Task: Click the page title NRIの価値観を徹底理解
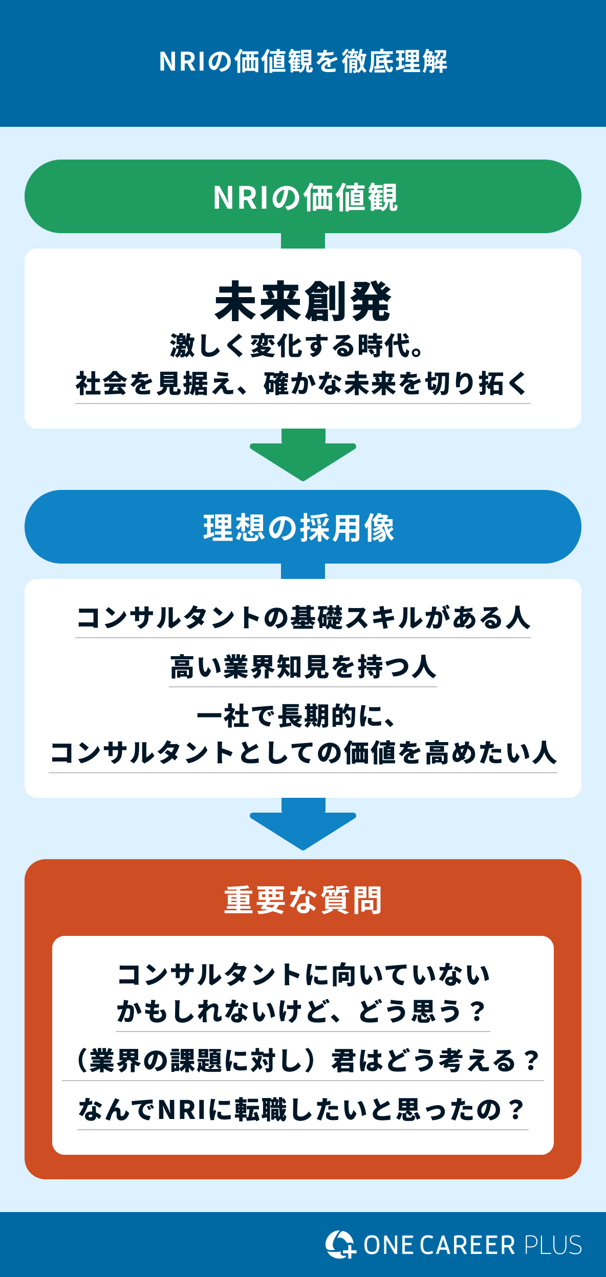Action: coord(303,62)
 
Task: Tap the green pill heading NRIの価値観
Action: coord(303,197)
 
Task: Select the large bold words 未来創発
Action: coord(303,302)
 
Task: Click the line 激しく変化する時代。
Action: coord(297,346)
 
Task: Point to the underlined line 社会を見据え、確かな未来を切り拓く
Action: coord(302,384)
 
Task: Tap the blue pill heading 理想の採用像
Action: coord(300,527)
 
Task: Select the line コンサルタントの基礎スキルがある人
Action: coord(303,617)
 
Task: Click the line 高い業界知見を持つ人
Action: coord(303,667)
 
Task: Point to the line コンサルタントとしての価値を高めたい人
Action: coord(303,753)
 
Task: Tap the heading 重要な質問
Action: coord(303,901)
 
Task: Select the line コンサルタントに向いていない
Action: coord(303,974)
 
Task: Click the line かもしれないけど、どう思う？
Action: coord(302,1012)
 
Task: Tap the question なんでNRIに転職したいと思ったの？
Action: coord(302,1110)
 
